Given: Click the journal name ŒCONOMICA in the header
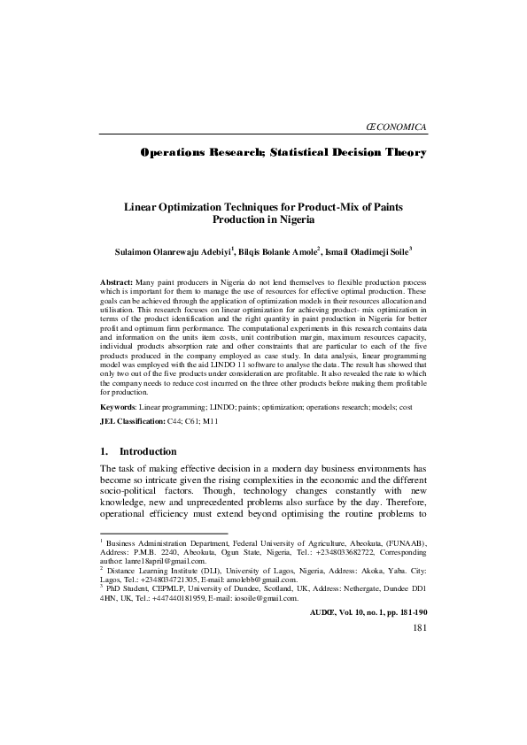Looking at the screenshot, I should coord(396,128).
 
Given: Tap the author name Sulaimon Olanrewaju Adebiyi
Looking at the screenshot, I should coord(166,251).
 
